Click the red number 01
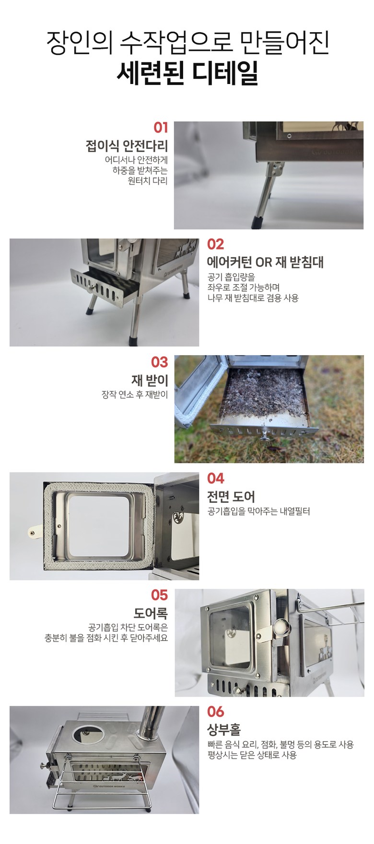[x=161, y=128]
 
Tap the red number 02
[x=215, y=244]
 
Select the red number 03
[x=160, y=362]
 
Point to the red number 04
[x=216, y=478]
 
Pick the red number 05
[x=160, y=595]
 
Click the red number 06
[x=216, y=711]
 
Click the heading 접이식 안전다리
[x=127, y=145]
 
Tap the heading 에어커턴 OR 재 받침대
[x=266, y=262]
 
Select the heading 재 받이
[x=150, y=381]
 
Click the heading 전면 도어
[x=231, y=496]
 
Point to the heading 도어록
[x=151, y=614]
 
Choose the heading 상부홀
[x=224, y=730]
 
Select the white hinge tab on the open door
[x=34, y=531]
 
